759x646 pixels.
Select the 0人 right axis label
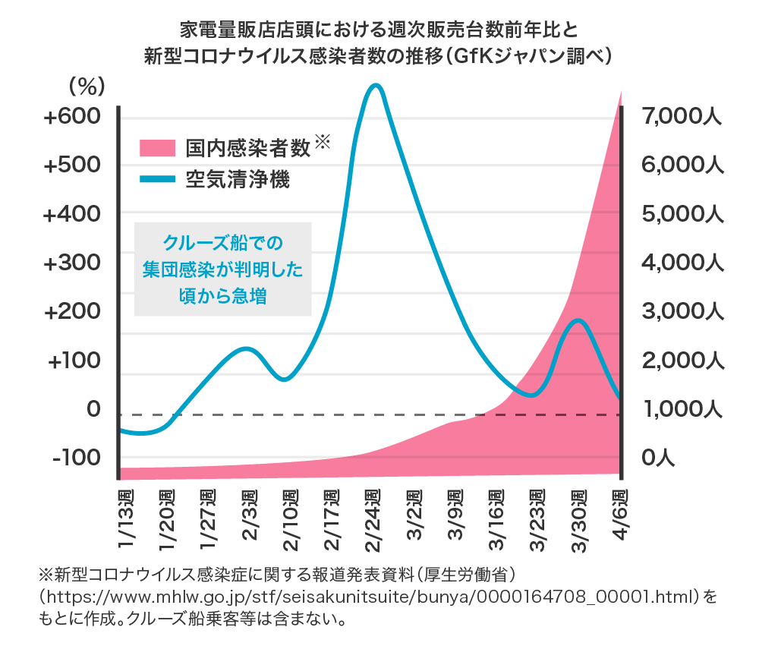657,458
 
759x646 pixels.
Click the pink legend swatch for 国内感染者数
157,148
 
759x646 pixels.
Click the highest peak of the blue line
374,84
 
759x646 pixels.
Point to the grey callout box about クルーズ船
223,269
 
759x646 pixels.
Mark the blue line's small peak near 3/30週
579,320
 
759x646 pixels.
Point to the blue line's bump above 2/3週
245,348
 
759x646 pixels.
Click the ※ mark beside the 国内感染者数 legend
323,141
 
